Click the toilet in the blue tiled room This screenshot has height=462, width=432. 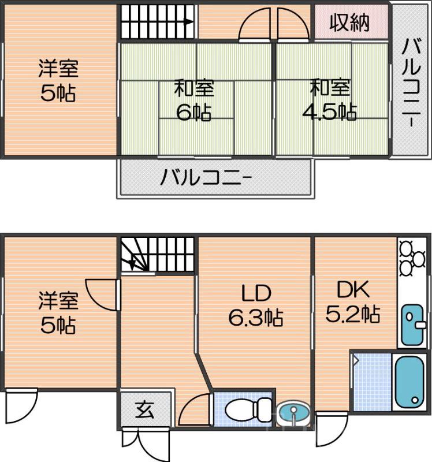240,411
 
